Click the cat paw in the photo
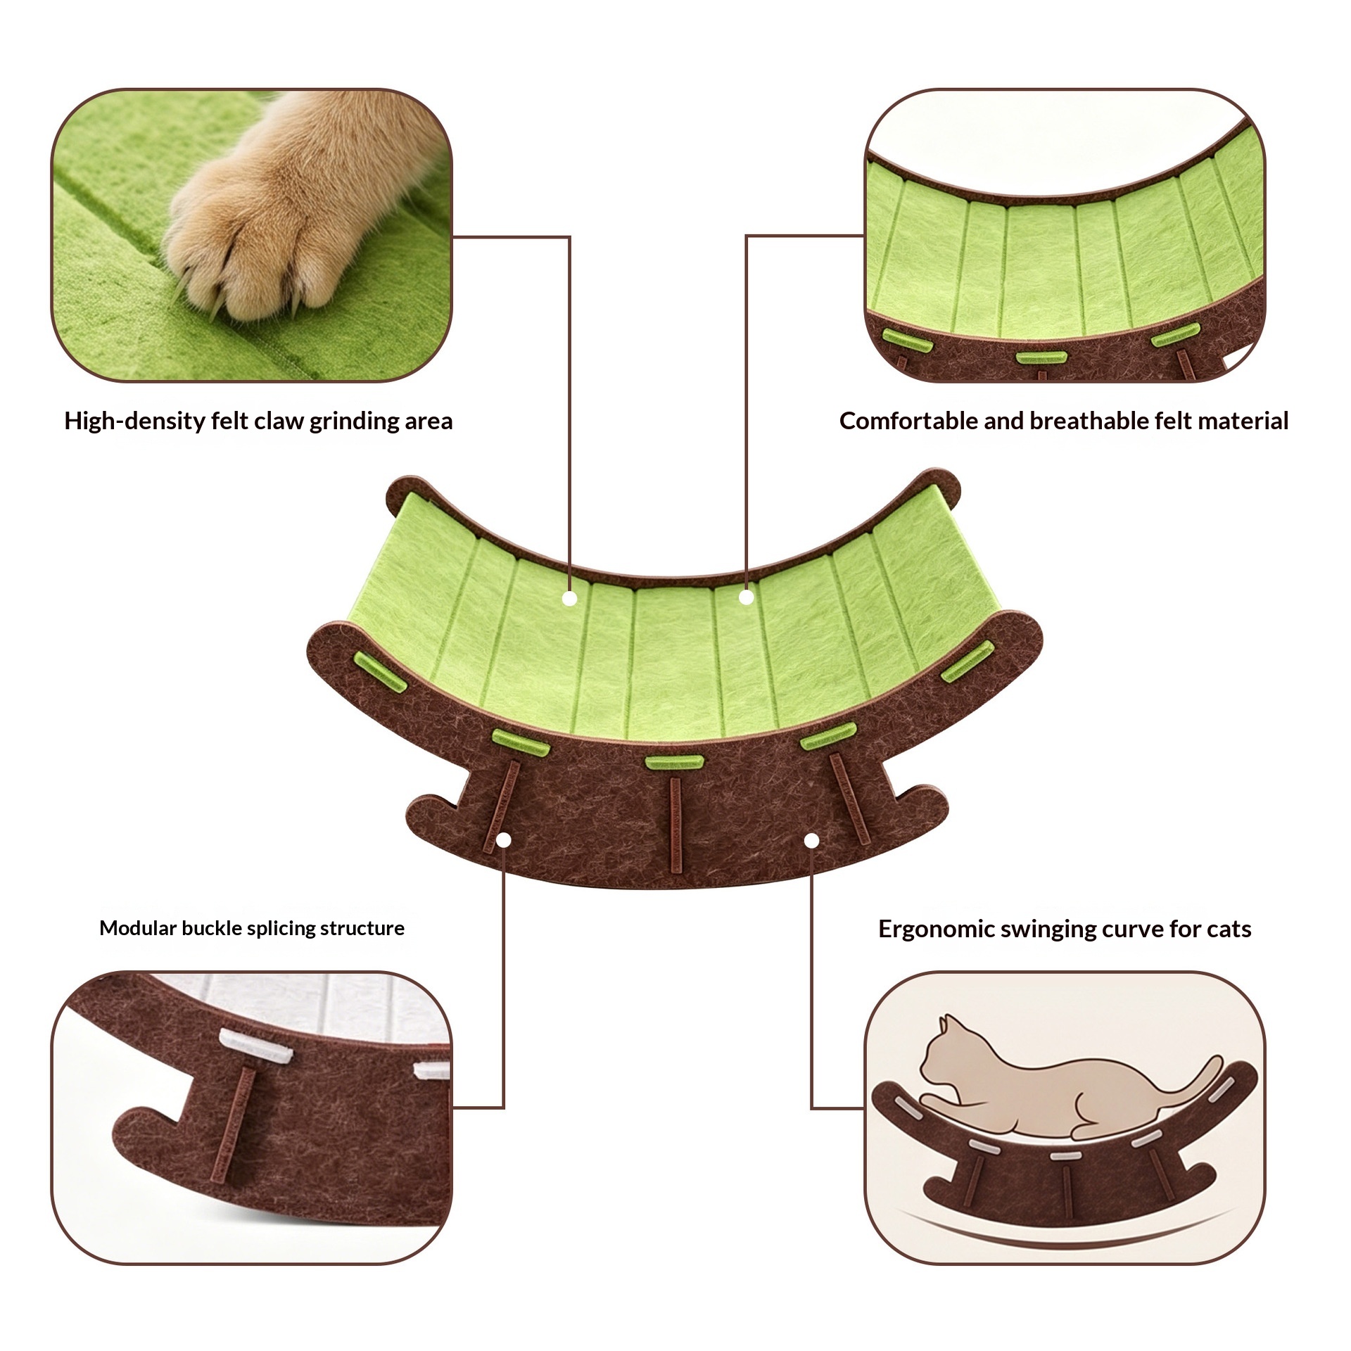pos(281,211)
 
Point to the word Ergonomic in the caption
pos(936,929)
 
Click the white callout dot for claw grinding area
pos(570,599)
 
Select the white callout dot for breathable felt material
pos(747,597)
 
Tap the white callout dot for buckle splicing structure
pos(504,840)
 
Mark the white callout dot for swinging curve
pos(811,840)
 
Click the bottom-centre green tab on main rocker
pos(674,761)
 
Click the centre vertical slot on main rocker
pos(675,825)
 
